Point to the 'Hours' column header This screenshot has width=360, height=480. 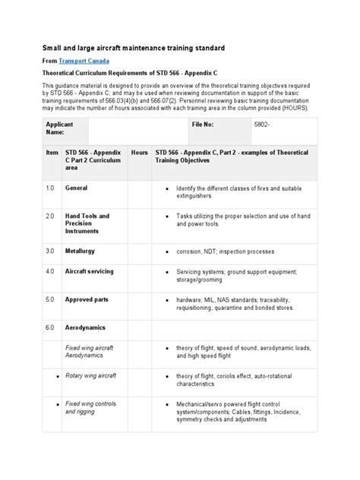139,153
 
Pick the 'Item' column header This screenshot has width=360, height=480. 52,153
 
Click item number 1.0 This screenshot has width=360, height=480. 50,188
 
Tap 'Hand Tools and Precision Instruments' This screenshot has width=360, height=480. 87,223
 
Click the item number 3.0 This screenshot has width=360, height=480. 50,251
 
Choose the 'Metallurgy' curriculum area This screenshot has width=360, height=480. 81,251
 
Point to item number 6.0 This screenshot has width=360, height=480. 50,328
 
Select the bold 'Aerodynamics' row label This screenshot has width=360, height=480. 85,328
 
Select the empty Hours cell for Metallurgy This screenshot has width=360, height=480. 139,251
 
